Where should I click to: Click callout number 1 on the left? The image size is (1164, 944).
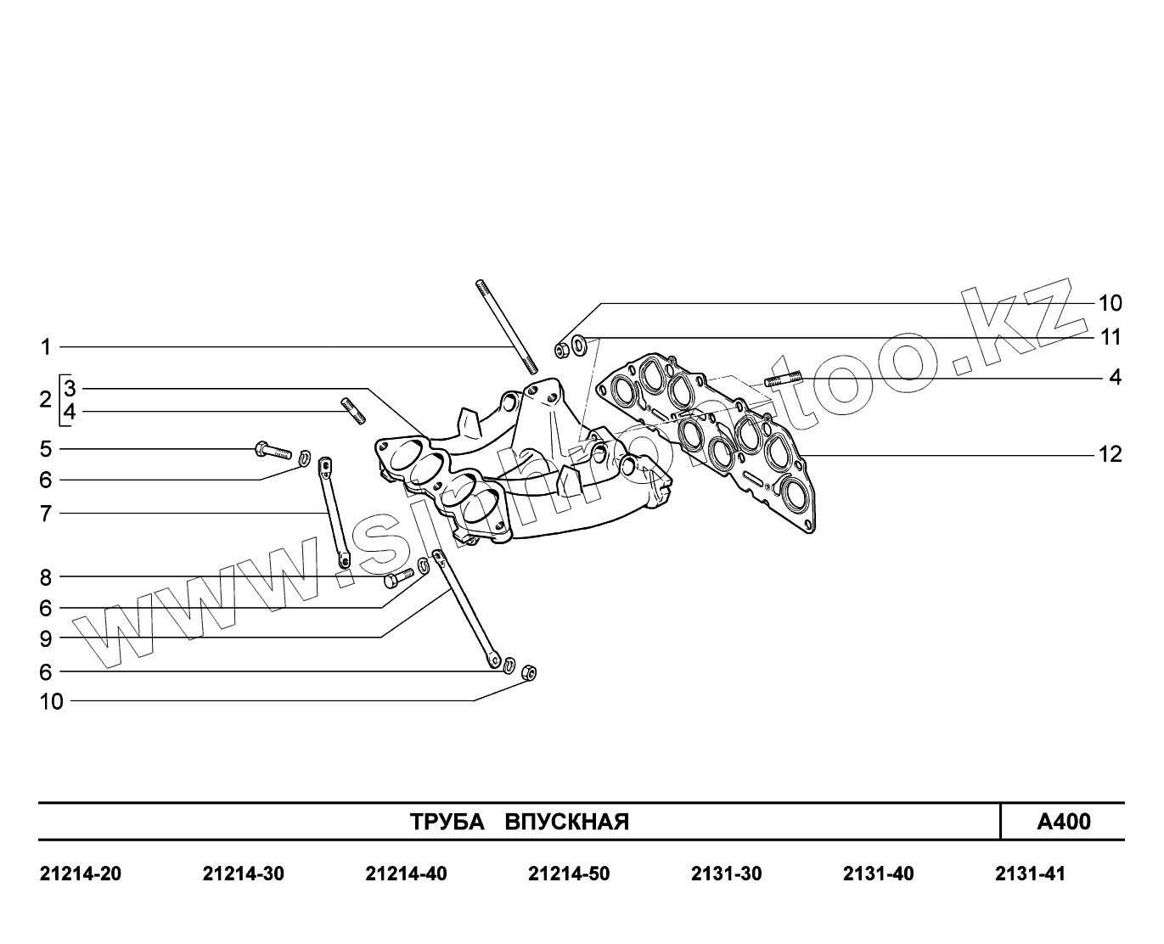click(x=47, y=347)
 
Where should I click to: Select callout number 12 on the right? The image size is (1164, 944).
click(x=1110, y=455)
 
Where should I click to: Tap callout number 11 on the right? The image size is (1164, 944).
click(x=1110, y=338)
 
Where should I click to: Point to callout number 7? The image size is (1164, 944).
click(x=46, y=514)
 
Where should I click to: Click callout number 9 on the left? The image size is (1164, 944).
click(x=46, y=638)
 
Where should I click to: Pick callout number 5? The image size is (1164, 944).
click(x=46, y=449)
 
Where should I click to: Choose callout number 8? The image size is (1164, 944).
click(x=46, y=578)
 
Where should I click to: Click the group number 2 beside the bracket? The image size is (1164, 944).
click(x=45, y=400)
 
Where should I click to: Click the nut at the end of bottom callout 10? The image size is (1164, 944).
click(x=527, y=672)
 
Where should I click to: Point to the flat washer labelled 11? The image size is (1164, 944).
click(x=580, y=346)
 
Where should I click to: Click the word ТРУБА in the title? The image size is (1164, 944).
click(x=447, y=823)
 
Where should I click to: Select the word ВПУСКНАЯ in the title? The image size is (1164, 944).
click(x=567, y=823)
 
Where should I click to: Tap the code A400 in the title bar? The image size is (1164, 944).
click(x=1064, y=822)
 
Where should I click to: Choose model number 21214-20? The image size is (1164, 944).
click(x=81, y=874)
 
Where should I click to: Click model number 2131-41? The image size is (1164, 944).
click(x=1030, y=874)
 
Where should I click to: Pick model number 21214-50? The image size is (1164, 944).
click(x=569, y=874)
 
